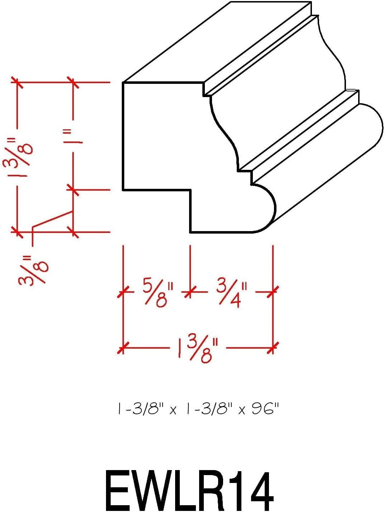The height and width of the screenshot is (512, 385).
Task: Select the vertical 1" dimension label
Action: (x=74, y=137)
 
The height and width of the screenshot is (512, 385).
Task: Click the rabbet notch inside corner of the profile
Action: (x=190, y=190)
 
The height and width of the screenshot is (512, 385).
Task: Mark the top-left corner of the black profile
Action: (x=123, y=83)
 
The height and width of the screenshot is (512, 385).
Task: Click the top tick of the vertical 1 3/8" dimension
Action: (x=16, y=82)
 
